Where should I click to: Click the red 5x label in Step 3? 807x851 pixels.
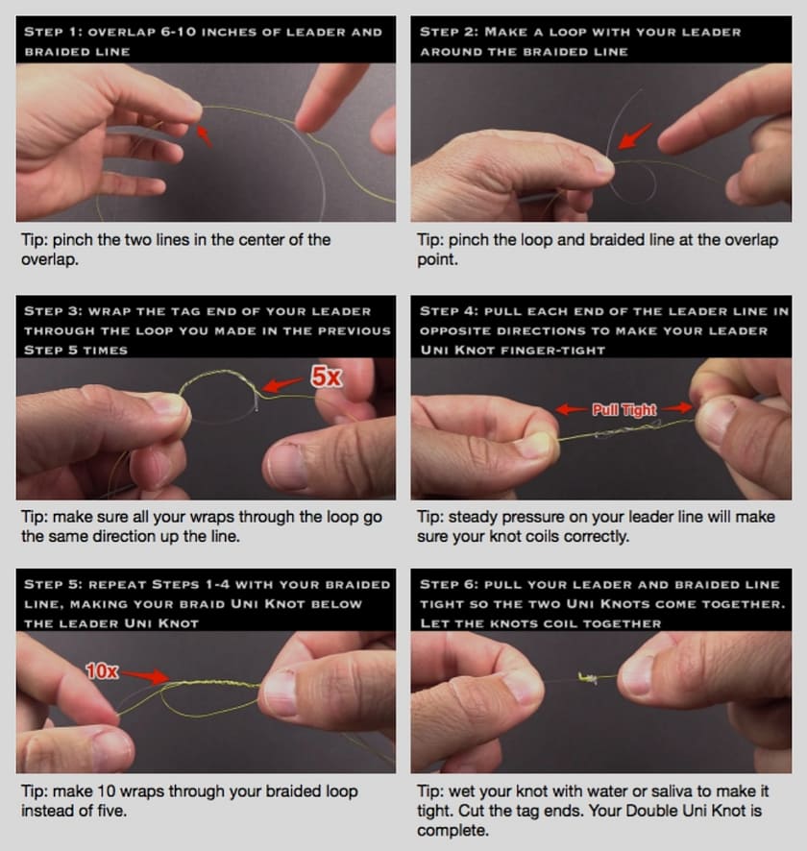click(327, 377)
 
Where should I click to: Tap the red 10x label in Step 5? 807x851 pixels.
click(102, 671)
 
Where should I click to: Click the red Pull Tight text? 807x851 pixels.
click(624, 410)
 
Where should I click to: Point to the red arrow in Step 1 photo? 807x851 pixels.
click(204, 135)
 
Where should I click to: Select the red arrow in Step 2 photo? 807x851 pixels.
click(635, 135)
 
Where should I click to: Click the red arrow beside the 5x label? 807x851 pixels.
click(282, 384)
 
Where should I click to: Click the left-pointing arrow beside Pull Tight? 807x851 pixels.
click(572, 408)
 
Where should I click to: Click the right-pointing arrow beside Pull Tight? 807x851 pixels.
click(676, 407)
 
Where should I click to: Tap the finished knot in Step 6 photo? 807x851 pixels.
click(588, 677)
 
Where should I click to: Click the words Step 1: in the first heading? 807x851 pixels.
click(53, 32)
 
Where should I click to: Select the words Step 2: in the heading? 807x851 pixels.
click(449, 32)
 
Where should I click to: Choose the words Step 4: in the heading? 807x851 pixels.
click(449, 311)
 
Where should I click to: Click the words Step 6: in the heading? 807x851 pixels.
click(449, 585)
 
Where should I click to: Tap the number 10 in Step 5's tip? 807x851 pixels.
click(107, 791)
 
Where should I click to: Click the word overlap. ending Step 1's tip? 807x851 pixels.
click(49, 260)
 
